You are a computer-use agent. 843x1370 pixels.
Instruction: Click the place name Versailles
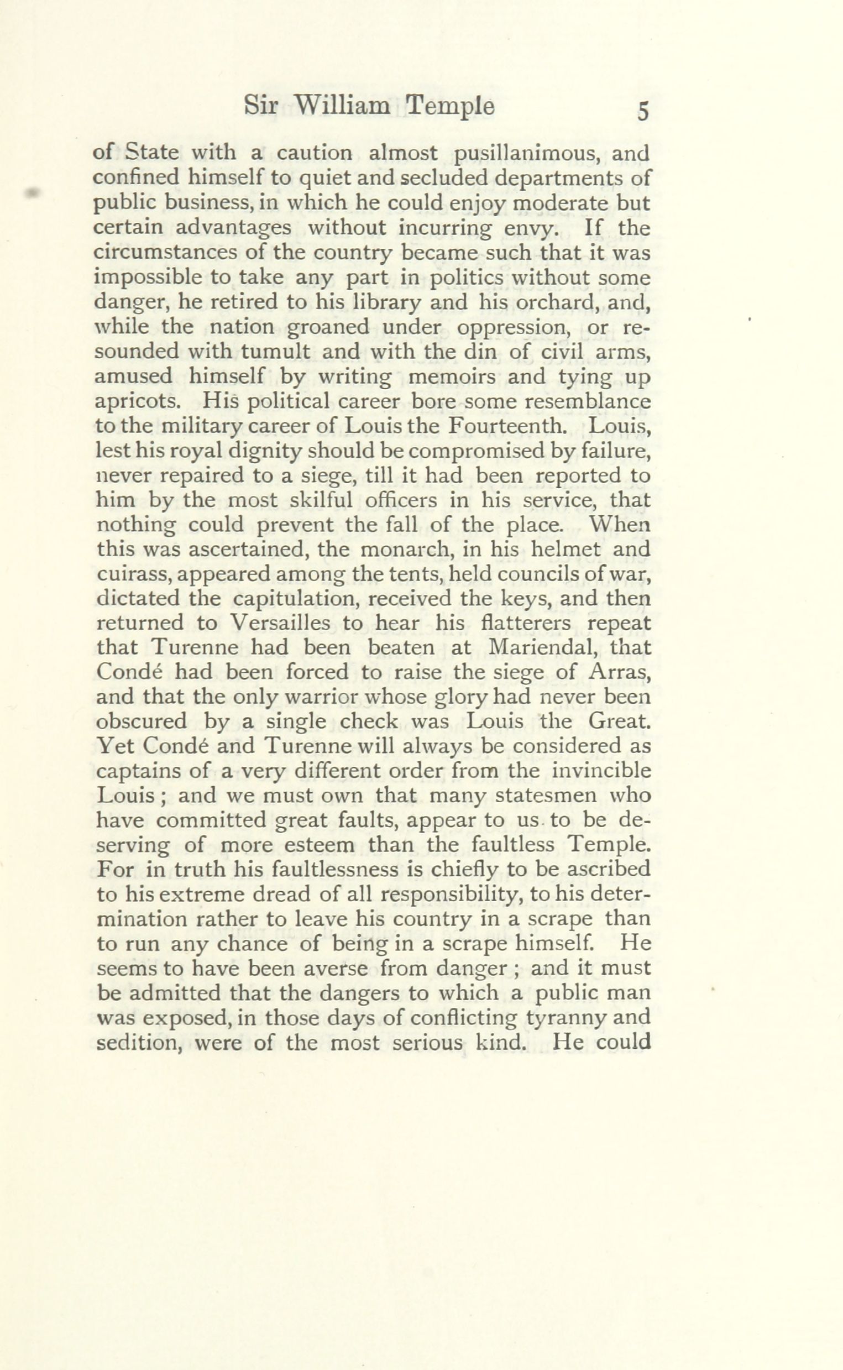(279, 623)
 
